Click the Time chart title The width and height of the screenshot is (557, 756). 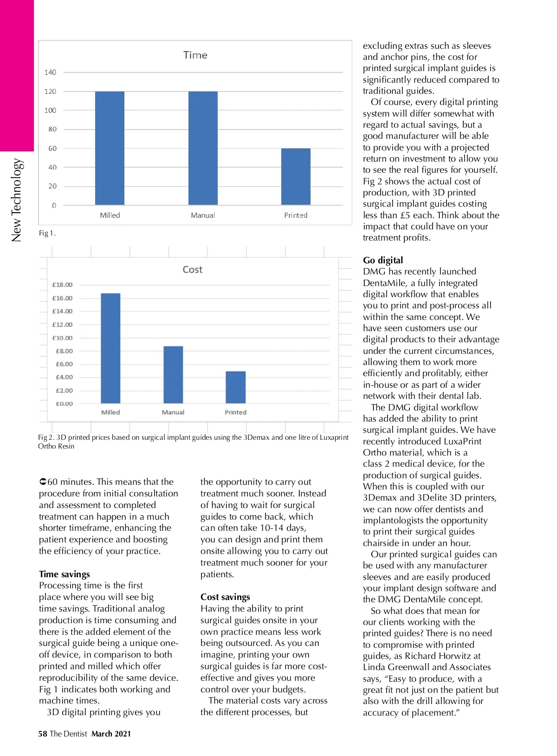(195, 55)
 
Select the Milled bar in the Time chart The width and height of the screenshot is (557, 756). (110, 148)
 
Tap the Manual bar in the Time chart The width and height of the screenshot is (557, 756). (203, 148)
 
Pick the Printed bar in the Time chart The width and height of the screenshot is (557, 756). (296, 176)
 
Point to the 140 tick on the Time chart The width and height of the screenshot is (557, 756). (50, 72)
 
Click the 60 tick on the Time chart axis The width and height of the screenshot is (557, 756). (52, 149)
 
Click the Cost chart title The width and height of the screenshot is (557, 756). (192, 270)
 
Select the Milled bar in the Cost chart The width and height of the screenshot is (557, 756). (110, 348)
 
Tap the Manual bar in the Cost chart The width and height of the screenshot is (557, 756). (173, 375)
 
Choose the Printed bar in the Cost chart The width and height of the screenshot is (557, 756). (236, 387)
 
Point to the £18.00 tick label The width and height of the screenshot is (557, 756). (62, 285)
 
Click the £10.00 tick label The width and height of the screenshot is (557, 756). (62, 338)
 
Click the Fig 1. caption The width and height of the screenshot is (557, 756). (47, 233)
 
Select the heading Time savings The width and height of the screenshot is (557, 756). (65, 574)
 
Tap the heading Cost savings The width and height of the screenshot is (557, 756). (225, 597)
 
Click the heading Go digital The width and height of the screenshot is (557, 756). (383, 261)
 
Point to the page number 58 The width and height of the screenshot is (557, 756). (43, 734)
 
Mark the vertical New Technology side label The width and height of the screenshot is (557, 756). (16, 200)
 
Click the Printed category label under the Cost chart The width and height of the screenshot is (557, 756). (236, 412)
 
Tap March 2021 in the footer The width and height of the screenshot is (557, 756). (111, 734)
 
